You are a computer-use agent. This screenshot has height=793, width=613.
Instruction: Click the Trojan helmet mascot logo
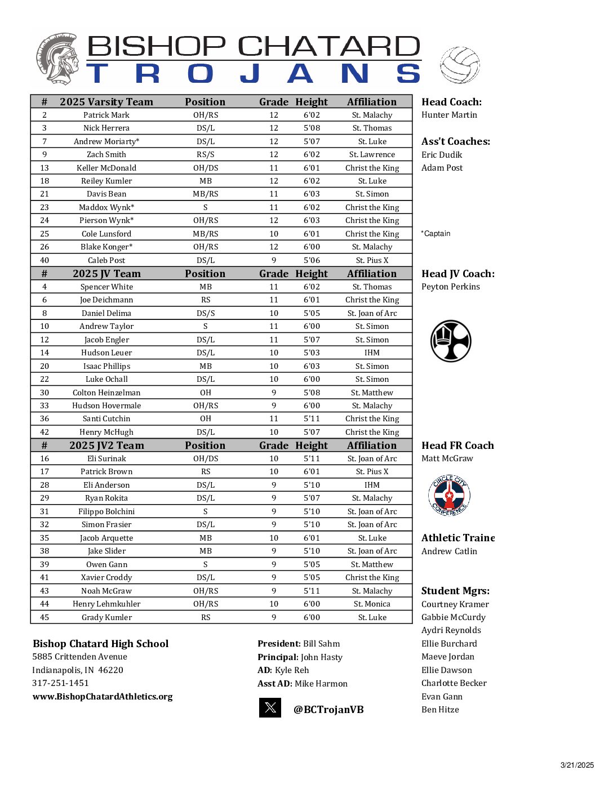tap(57, 59)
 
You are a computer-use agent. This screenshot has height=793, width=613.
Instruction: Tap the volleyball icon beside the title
tap(460, 65)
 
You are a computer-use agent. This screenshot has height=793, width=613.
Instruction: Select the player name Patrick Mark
tap(106, 115)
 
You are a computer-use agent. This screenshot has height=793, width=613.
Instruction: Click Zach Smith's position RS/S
tap(205, 154)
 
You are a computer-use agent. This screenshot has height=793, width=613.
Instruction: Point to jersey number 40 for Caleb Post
tap(45, 260)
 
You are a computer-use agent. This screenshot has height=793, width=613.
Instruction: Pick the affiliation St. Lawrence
tap(372, 154)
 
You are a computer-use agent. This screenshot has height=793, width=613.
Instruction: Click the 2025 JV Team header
tap(106, 274)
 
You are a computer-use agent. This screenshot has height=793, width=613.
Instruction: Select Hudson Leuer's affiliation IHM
tap(372, 353)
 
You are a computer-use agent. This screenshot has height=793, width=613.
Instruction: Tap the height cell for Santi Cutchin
tap(312, 418)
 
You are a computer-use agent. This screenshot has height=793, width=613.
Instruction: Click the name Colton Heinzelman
tap(106, 393)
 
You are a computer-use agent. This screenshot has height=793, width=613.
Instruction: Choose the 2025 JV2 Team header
tap(106, 445)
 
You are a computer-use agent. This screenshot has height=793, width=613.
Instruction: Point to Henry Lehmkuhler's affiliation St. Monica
tap(372, 604)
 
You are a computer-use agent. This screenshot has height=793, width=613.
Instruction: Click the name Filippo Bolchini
tap(106, 511)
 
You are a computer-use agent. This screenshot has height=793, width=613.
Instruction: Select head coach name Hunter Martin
tap(449, 115)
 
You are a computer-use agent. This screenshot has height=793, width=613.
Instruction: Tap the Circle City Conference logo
tap(449, 496)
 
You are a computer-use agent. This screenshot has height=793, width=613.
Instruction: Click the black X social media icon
tap(270, 707)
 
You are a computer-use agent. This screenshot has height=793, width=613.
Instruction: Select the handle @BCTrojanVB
tap(328, 710)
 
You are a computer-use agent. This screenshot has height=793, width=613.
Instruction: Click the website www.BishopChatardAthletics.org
tap(103, 697)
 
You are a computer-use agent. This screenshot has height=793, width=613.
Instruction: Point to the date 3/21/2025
tap(577, 765)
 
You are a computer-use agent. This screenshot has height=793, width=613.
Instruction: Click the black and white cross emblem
tap(451, 341)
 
